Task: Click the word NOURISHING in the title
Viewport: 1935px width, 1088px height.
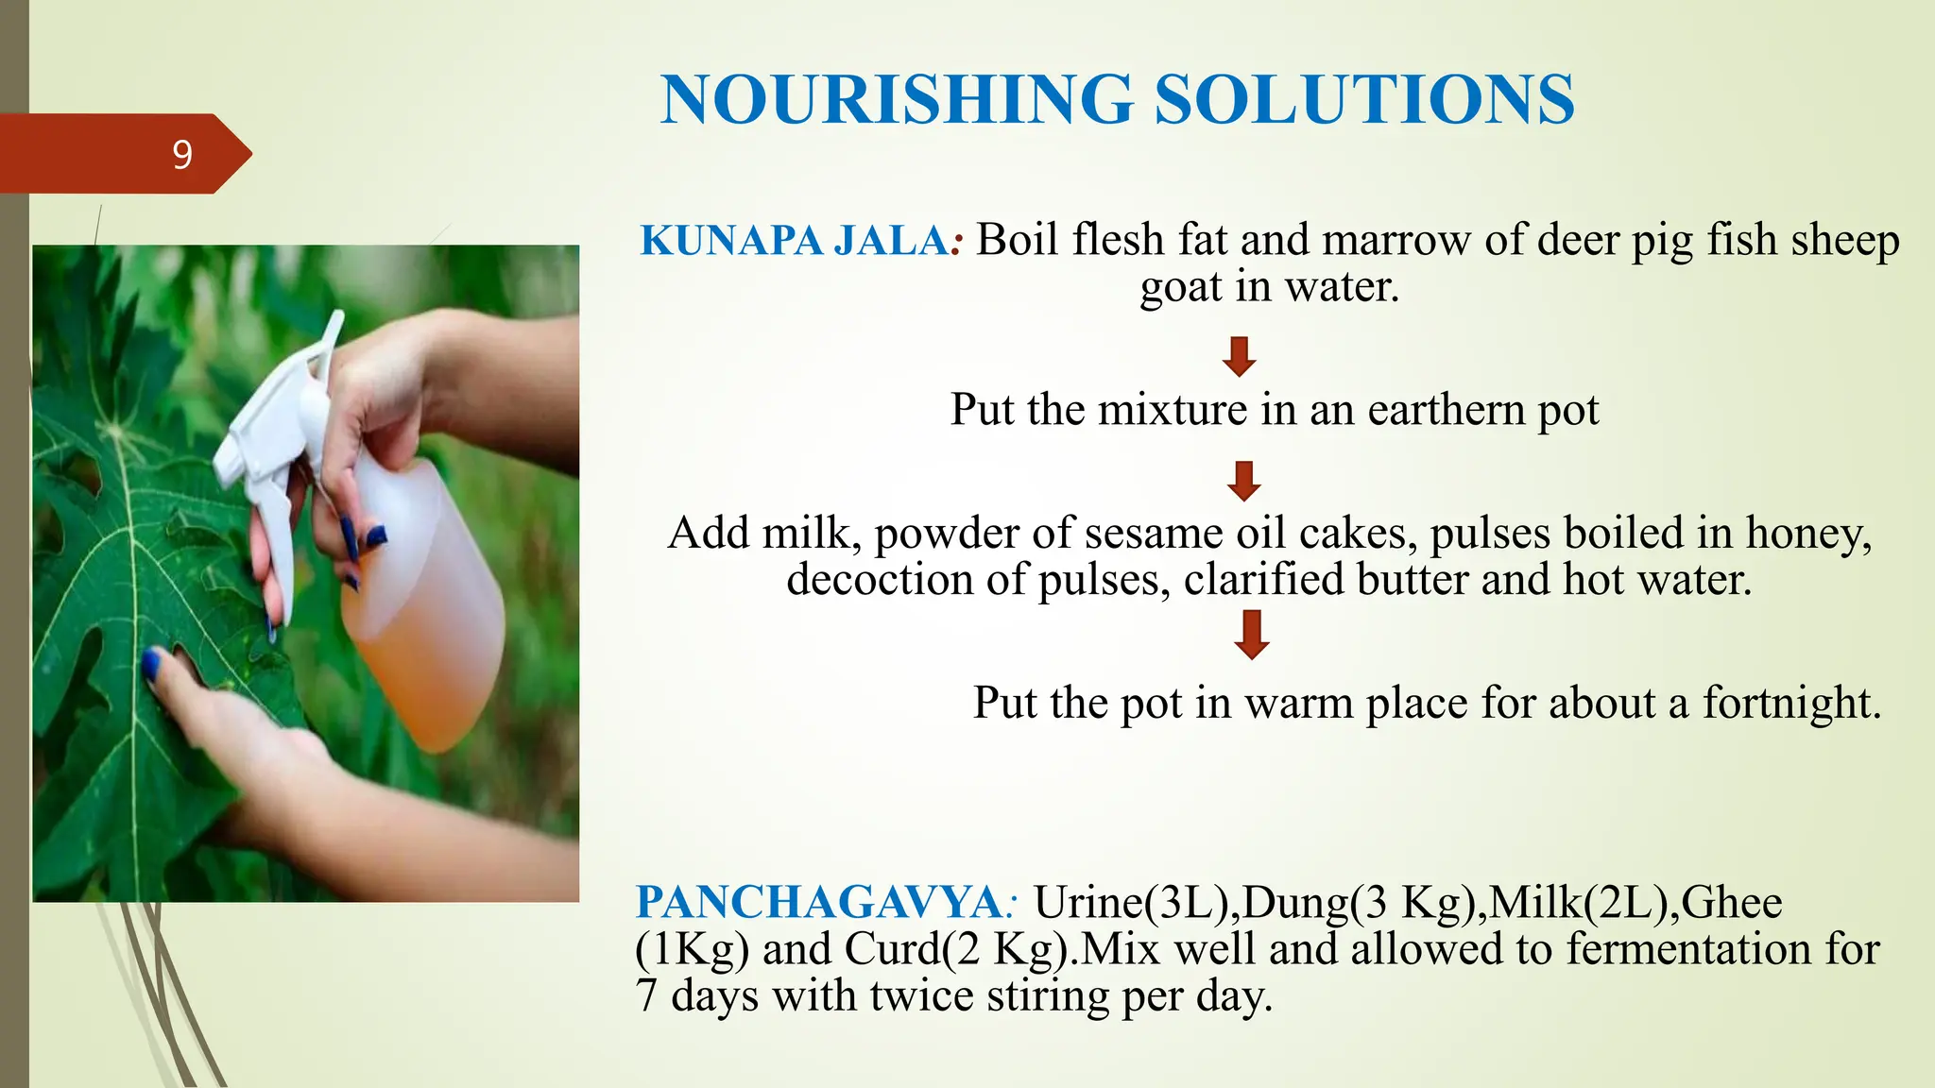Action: [897, 99]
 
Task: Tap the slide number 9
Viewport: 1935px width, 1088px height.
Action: [182, 154]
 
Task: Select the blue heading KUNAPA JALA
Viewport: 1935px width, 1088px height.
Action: [794, 241]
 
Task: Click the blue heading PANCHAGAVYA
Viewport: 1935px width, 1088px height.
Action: [817, 902]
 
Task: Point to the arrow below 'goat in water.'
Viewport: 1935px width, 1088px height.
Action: [1239, 357]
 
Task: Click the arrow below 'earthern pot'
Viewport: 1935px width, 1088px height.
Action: [1244, 481]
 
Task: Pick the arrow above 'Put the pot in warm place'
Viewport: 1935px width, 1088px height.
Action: [1252, 634]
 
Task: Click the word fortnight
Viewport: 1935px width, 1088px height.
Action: [1790, 703]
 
